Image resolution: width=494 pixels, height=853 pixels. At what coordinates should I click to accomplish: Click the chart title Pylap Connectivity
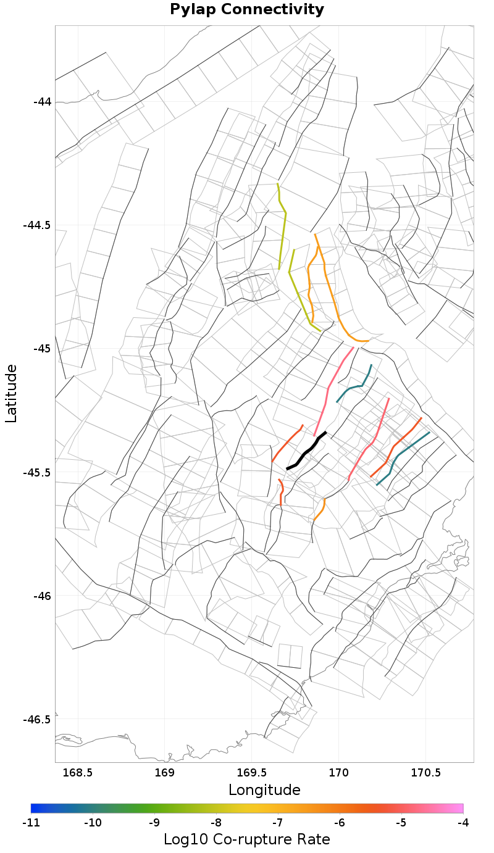click(246, 9)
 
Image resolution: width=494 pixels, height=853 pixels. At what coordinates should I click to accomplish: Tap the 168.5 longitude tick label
click(78, 773)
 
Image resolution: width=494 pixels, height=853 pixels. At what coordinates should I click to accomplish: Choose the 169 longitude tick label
click(165, 773)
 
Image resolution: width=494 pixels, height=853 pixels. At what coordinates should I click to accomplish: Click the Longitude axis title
click(264, 790)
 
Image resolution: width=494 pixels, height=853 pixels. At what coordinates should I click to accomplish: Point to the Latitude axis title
click(11, 393)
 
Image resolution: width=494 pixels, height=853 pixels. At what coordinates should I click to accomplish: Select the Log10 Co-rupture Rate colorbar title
click(246, 839)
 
